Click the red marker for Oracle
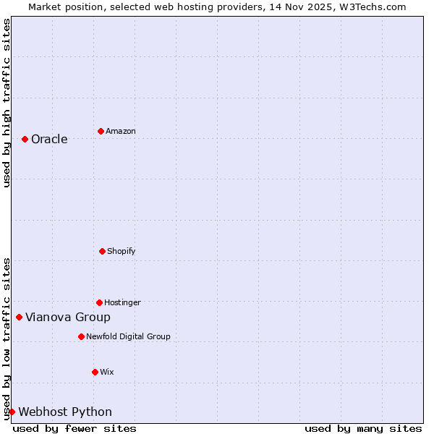click(25, 139)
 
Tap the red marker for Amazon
click(101, 131)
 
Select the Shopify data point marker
click(102, 251)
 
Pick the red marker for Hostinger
click(99, 302)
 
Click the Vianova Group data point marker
click(19, 317)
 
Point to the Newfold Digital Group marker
click(81, 336)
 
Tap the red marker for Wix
click(95, 372)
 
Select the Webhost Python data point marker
click(12, 412)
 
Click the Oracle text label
click(49, 140)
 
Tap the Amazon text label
click(121, 132)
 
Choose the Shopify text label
click(122, 252)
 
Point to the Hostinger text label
click(122, 303)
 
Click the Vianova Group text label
click(68, 318)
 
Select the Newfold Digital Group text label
click(128, 337)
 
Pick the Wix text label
click(107, 373)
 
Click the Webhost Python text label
click(65, 412)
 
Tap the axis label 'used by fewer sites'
click(75, 428)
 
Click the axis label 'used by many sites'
click(363, 428)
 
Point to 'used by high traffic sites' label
click(7, 103)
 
